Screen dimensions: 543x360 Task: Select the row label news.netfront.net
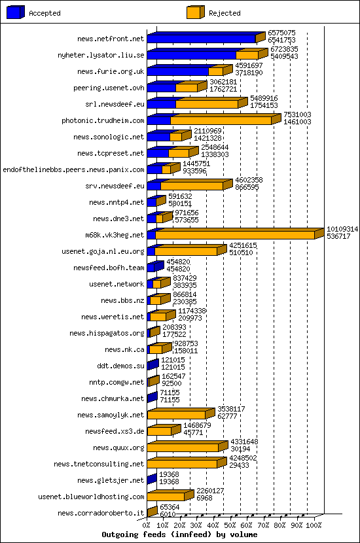point(110,39)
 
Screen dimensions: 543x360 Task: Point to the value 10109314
point(342,229)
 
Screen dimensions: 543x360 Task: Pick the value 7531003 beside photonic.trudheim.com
point(297,114)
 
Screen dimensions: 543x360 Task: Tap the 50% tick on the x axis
point(230,525)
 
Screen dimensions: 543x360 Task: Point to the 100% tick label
point(314,525)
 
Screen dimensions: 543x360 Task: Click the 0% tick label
point(147,525)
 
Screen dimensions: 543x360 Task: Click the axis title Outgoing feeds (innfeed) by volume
point(179,534)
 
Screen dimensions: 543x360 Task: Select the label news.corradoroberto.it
point(100,513)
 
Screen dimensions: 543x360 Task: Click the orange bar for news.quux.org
point(183,447)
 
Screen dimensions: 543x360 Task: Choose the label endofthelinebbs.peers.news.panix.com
point(73,169)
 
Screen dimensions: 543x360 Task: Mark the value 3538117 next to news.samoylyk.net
point(231,409)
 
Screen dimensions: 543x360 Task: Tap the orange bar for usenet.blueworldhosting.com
point(166,497)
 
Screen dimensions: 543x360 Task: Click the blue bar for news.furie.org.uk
point(177,71)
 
